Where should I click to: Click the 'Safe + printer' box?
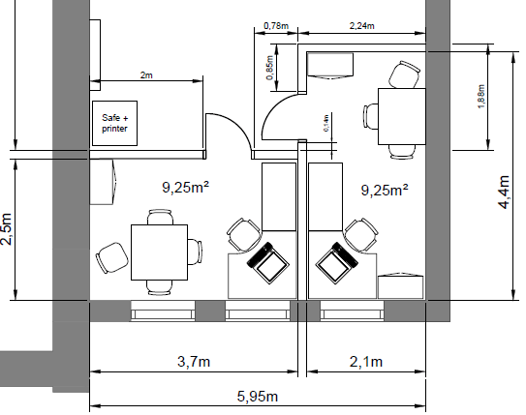coord(114,123)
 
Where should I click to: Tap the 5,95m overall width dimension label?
coord(258,397)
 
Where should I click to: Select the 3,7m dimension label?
coord(194,362)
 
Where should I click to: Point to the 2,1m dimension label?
coord(366,362)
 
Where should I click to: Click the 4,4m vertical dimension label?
coord(505,192)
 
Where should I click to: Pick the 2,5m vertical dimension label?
coord(7,229)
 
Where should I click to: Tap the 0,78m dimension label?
coord(276,25)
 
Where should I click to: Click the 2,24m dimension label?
coord(362,25)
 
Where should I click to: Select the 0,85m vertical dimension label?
coord(270,68)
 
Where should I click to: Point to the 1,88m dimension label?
coord(481,97)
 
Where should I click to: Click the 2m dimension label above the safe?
coord(146,75)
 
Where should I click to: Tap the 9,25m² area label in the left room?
coord(186,187)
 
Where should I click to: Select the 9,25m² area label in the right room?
coord(385,190)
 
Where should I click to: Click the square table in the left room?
coord(159,252)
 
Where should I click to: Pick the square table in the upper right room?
coord(402,116)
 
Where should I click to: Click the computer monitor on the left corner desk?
coord(268,262)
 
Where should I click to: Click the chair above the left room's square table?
coord(161,217)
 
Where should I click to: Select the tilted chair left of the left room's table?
coord(112,257)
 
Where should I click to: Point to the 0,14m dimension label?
coord(326,123)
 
